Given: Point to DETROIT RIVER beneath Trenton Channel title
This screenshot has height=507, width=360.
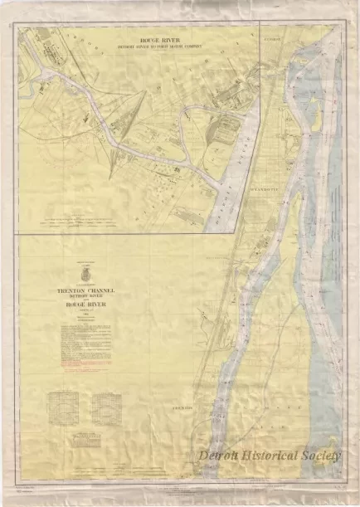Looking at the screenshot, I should [85, 297].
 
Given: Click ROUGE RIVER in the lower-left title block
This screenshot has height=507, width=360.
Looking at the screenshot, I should [85, 305].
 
